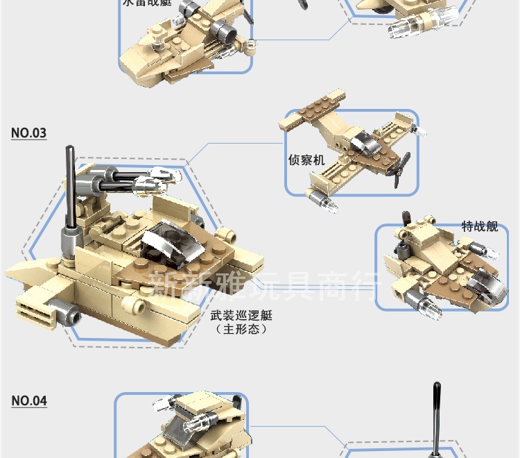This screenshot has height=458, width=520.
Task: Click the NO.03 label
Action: (29, 133)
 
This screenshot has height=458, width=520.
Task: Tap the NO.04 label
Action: (29, 400)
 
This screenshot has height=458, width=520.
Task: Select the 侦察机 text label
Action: (306, 160)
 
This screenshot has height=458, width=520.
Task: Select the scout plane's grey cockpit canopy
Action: (362, 143)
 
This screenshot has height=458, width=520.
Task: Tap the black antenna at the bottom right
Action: (437, 416)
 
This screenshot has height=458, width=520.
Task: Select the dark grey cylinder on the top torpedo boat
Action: (223, 31)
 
